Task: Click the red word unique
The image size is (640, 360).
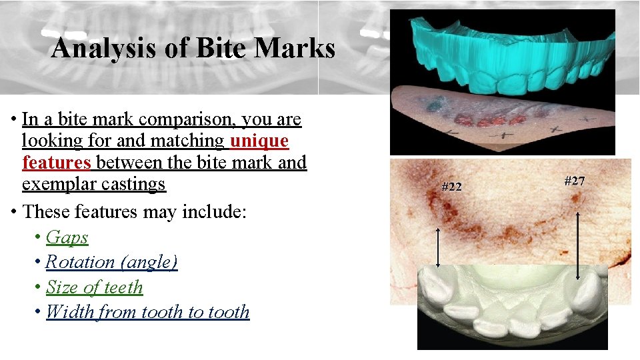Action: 259,141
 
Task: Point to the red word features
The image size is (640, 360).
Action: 56,162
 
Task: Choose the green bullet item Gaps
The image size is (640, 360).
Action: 67,237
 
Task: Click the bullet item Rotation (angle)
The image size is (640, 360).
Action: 111,262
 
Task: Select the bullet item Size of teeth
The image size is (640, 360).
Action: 94,287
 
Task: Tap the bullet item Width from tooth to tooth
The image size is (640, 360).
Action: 147,312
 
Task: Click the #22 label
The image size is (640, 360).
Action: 451,187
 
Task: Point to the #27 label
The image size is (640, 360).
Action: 575,181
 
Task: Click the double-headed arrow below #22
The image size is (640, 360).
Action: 438,247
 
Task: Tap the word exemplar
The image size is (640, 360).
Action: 57,184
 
